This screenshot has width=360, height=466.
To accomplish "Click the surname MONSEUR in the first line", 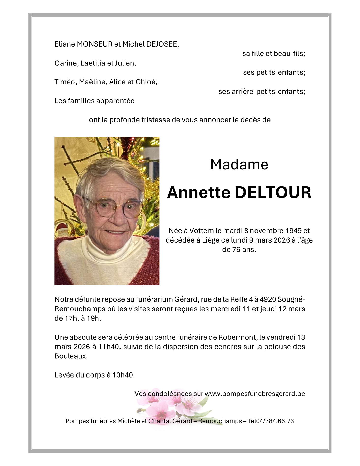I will pyautogui.click(x=94, y=44).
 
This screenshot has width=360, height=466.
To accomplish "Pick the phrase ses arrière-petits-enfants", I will pyautogui.click(x=262, y=91).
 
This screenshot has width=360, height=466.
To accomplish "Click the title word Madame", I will pyautogui.click(x=239, y=164).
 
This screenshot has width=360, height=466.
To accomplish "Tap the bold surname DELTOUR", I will pyautogui.click(x=273, y=192).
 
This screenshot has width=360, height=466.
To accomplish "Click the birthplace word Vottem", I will pyautogui.click(x=202, y=231).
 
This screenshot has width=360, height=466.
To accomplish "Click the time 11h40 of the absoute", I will pyautogui.click(x=109, y=347).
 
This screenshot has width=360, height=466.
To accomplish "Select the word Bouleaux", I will pyautogui.click(x=71, y=356).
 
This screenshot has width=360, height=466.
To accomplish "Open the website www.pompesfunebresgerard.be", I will pyautogui.click(x=255, y=394).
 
